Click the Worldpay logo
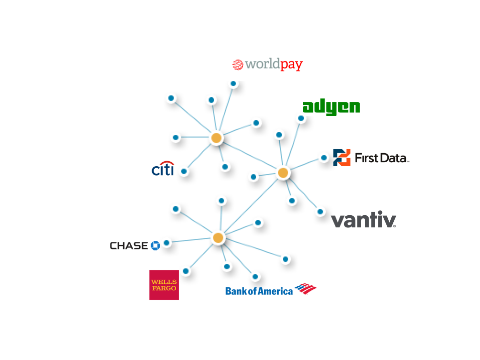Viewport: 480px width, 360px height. (268, 65)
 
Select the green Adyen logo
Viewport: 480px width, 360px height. (331, 106)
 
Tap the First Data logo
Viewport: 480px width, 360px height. (371, 158)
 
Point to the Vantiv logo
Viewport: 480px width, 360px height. (363, 220)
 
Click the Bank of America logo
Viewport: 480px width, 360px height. (271, 290)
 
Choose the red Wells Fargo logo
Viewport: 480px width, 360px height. (164, 285)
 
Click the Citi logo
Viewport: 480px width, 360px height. (163, 169)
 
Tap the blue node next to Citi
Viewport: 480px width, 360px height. (184, 171)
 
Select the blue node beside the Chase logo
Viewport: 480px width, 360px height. (166, 243)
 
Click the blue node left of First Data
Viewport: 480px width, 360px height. (324, 158)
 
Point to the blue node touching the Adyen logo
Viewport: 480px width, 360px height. (301, 118)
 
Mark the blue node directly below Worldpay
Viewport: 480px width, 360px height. (233, 83)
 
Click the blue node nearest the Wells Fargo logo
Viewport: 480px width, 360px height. (186, 271)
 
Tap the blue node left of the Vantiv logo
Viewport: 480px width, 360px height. (320, 211)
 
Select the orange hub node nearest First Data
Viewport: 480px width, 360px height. (283, 173)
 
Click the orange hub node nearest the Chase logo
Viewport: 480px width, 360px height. (218, 237)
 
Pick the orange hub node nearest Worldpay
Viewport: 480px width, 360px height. (216, 138)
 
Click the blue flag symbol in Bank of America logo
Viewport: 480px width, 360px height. (305, 289)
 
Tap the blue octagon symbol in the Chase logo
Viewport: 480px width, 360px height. (155, 246)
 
